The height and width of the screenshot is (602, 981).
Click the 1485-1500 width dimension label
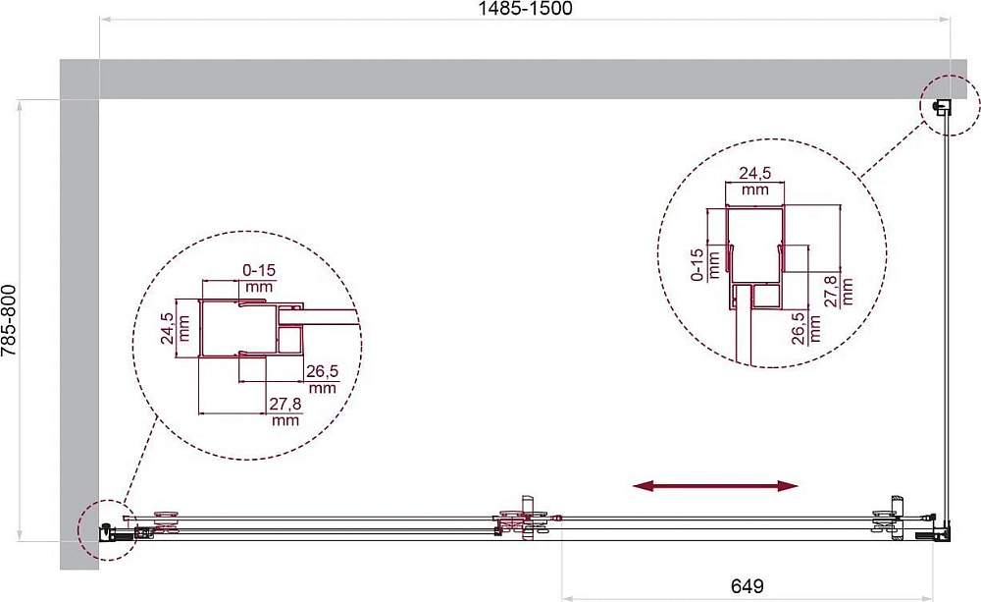coord(525,8)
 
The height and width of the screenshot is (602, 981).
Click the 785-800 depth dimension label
coord(9,321)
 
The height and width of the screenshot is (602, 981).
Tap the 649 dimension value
coord(747,586)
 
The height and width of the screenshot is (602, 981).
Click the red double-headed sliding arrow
coord(715,485)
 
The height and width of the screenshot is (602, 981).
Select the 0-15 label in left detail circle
coord(259,270)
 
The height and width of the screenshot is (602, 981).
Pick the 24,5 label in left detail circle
coord(167,328)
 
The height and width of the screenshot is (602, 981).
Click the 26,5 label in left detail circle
coord(322,371)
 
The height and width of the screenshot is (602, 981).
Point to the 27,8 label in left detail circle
coord(285,404)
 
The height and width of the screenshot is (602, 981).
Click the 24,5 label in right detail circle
coord(755,173)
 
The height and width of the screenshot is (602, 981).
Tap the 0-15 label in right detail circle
coord(697,264)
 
